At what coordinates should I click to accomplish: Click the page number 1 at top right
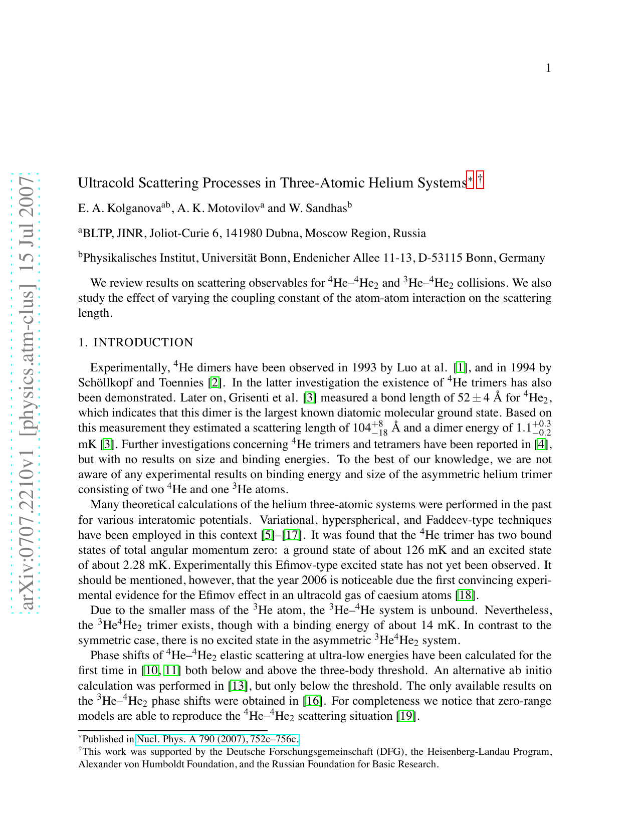(548, 68)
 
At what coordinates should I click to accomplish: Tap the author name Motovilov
(232, 209)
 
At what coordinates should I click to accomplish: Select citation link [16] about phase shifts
(312, 701)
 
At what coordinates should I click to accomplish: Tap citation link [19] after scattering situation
(406, 716)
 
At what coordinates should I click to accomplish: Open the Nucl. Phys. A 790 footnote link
(218, 739)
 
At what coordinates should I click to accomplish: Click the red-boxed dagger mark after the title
(480, 180)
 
